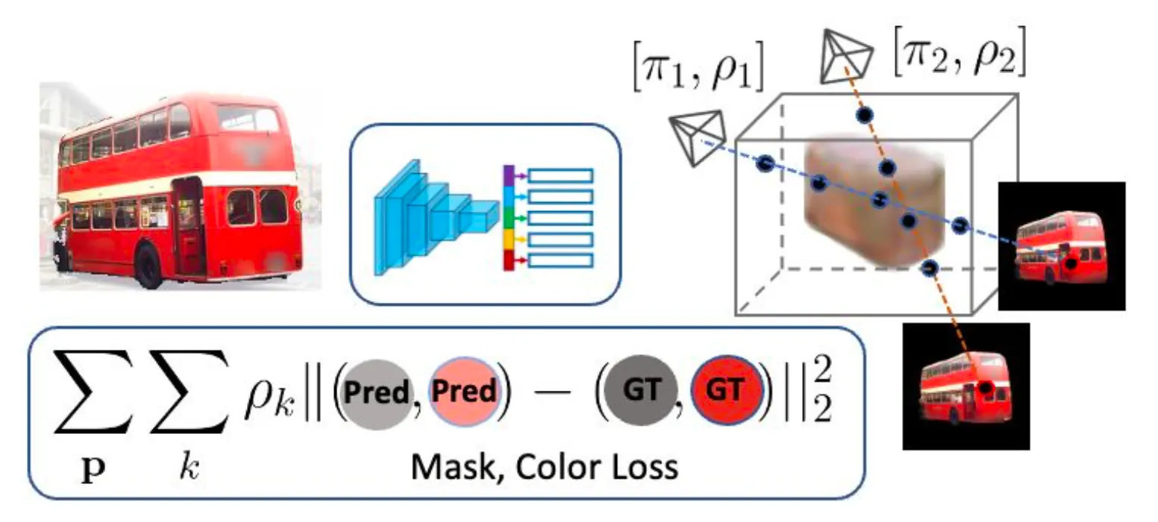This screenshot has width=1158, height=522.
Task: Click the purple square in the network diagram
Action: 509,175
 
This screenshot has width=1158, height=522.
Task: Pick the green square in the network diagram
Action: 509,218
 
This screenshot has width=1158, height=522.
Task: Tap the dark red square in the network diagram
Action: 509,261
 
